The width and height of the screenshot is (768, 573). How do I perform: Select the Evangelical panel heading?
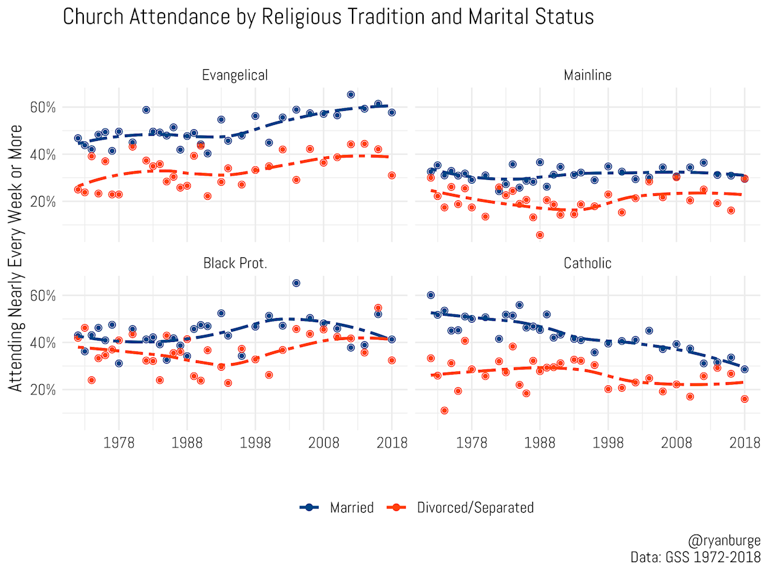point(235,76)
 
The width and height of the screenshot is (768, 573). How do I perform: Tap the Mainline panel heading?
point(588,76)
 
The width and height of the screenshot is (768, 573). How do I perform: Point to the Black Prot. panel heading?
point(235,263)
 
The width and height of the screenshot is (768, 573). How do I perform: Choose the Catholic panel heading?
point(588,263)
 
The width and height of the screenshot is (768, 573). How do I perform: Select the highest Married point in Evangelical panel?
point(351,95)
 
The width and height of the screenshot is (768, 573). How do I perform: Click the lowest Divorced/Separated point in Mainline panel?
point(540,235)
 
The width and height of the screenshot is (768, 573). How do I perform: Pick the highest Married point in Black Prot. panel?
point(296,283)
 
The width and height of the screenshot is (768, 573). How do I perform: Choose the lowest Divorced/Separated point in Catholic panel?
point(444,410)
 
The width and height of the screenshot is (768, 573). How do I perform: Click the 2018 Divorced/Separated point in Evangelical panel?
point(392,175)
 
